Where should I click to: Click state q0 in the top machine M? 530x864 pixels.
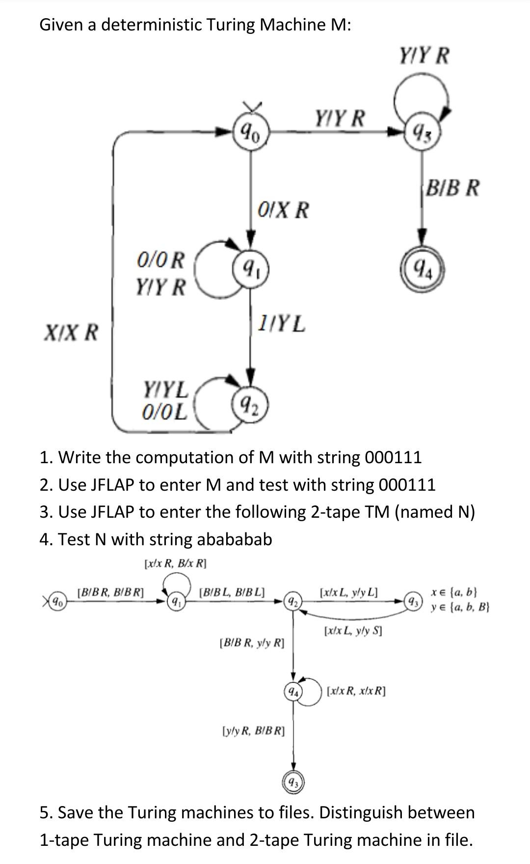pos(251,131)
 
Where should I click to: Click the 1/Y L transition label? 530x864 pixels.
pos(282,324)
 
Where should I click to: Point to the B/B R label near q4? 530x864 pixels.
pos(452,188)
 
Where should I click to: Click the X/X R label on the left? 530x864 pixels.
pos(71,333)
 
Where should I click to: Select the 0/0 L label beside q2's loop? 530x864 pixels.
pos(164,412)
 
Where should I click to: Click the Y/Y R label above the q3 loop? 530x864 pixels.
pos(424,56)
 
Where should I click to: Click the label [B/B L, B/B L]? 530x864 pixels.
pos(232,592)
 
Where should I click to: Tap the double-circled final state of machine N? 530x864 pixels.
pos(293,781)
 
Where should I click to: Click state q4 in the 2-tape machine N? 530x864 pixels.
pos(293,692)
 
